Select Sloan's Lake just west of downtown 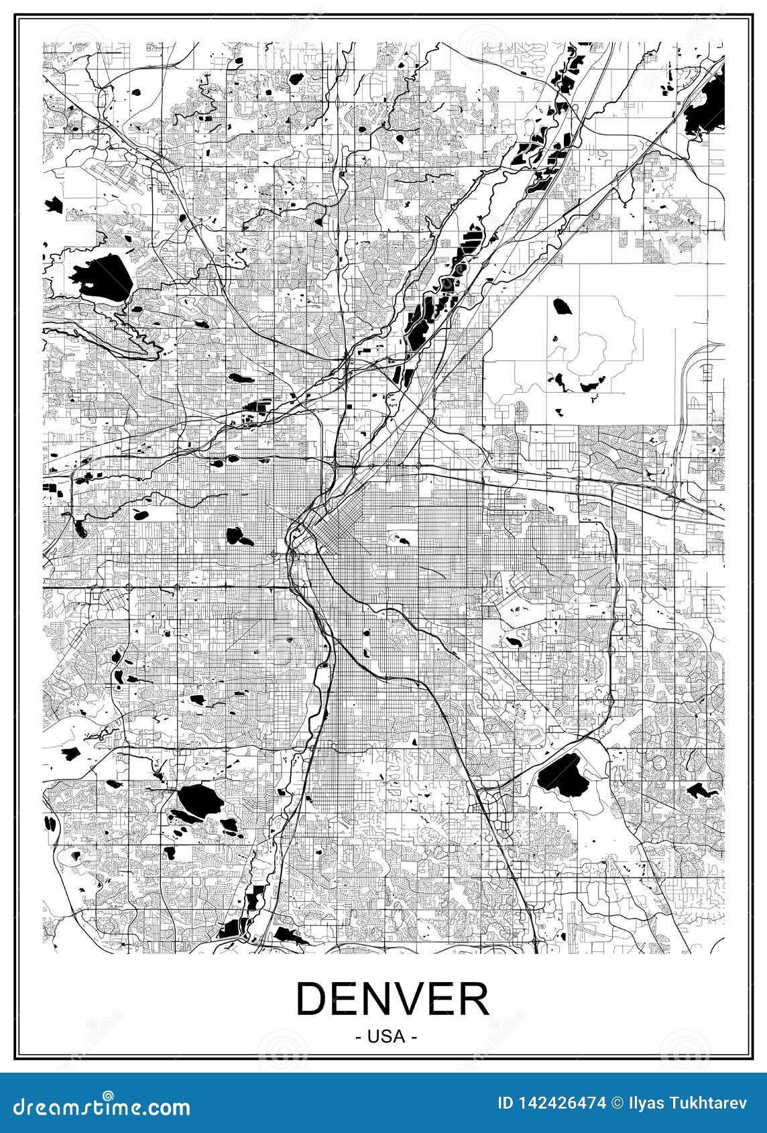235,536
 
